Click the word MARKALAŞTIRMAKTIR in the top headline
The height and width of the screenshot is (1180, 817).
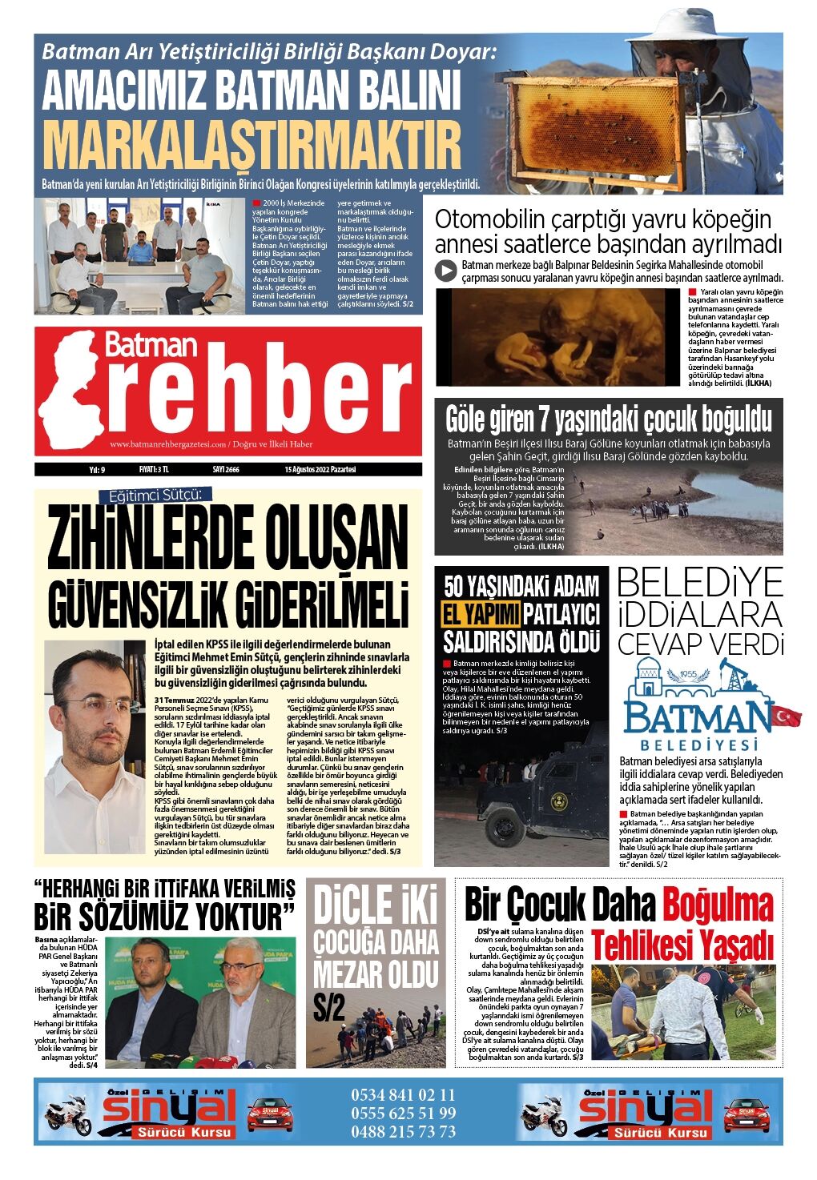pos(252,145)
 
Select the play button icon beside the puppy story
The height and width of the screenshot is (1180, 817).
pos(446,271)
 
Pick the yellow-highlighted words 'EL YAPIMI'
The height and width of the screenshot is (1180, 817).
pos(481,615)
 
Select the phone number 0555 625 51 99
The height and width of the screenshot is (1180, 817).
pos(403,1114)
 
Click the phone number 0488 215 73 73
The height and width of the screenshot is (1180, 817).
pos(403,1132)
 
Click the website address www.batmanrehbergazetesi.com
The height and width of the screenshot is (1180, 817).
pos(166,444)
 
